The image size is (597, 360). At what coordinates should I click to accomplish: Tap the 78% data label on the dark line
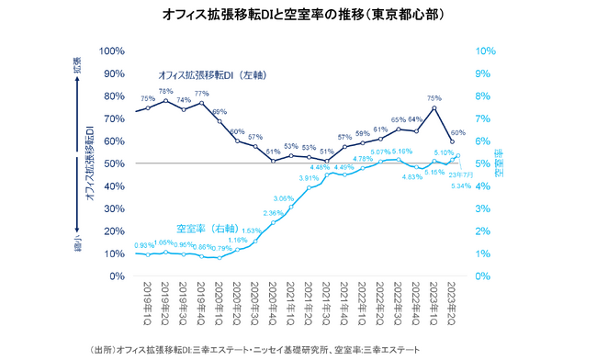(x=165, y=92)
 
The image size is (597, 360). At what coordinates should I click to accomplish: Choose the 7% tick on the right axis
(x=484, y=118)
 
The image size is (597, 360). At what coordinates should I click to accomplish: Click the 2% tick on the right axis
(x=484, y=231)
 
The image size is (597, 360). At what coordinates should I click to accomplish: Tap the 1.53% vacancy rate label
(x=251, y=231)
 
